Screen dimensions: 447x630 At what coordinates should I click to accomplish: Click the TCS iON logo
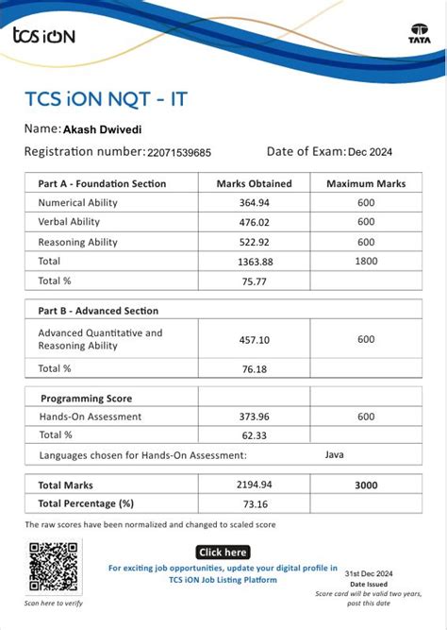pos(43,36)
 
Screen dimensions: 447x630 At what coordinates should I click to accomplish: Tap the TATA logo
pos(419,34)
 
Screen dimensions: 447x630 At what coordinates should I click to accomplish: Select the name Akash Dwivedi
pos(103,129)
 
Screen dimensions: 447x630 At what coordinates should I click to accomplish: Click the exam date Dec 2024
pos(371,152)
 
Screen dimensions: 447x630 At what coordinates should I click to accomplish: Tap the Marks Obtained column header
pos(254,183)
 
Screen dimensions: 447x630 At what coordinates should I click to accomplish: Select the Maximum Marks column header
pos(366,183)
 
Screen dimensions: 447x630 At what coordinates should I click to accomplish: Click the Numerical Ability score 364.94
pos(254,203)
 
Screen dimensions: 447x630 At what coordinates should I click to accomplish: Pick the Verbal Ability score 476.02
pos(254,222)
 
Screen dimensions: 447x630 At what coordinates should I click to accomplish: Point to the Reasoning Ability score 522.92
pos(254,242)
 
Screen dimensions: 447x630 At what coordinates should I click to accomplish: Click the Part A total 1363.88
pos(254,261)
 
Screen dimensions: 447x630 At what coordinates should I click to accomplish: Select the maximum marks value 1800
pos(366,261)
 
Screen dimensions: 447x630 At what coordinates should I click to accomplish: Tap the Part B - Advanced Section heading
pos(98,311)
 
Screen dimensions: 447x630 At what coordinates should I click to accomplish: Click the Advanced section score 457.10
pos(254,340)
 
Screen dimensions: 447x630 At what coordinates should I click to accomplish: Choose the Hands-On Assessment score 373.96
pos(254,417)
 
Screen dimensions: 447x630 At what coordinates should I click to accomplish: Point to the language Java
pos(334,454)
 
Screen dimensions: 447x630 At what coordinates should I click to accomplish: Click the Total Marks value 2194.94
pos(254,485)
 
